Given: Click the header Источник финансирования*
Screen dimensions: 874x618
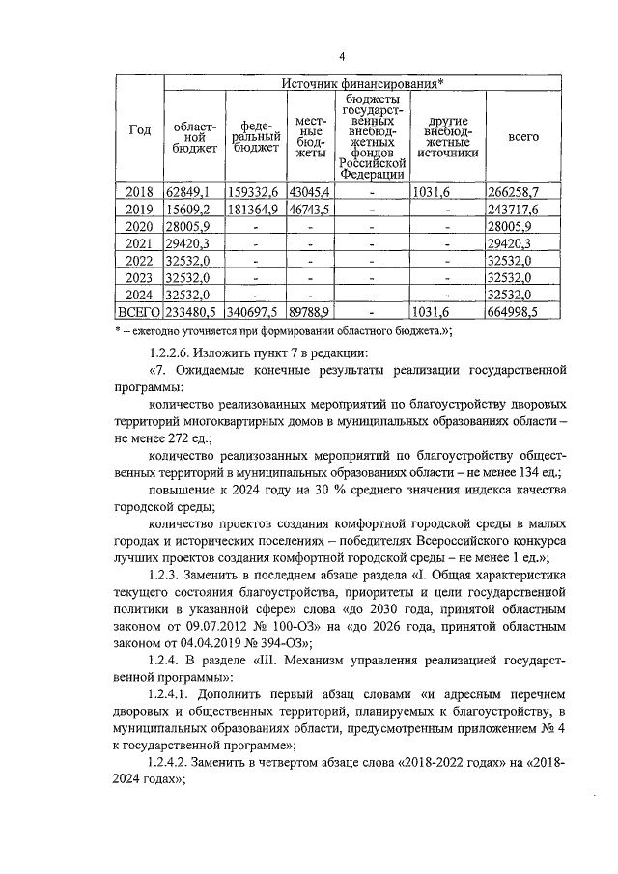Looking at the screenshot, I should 363,85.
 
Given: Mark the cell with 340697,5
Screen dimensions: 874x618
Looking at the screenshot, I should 255,313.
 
